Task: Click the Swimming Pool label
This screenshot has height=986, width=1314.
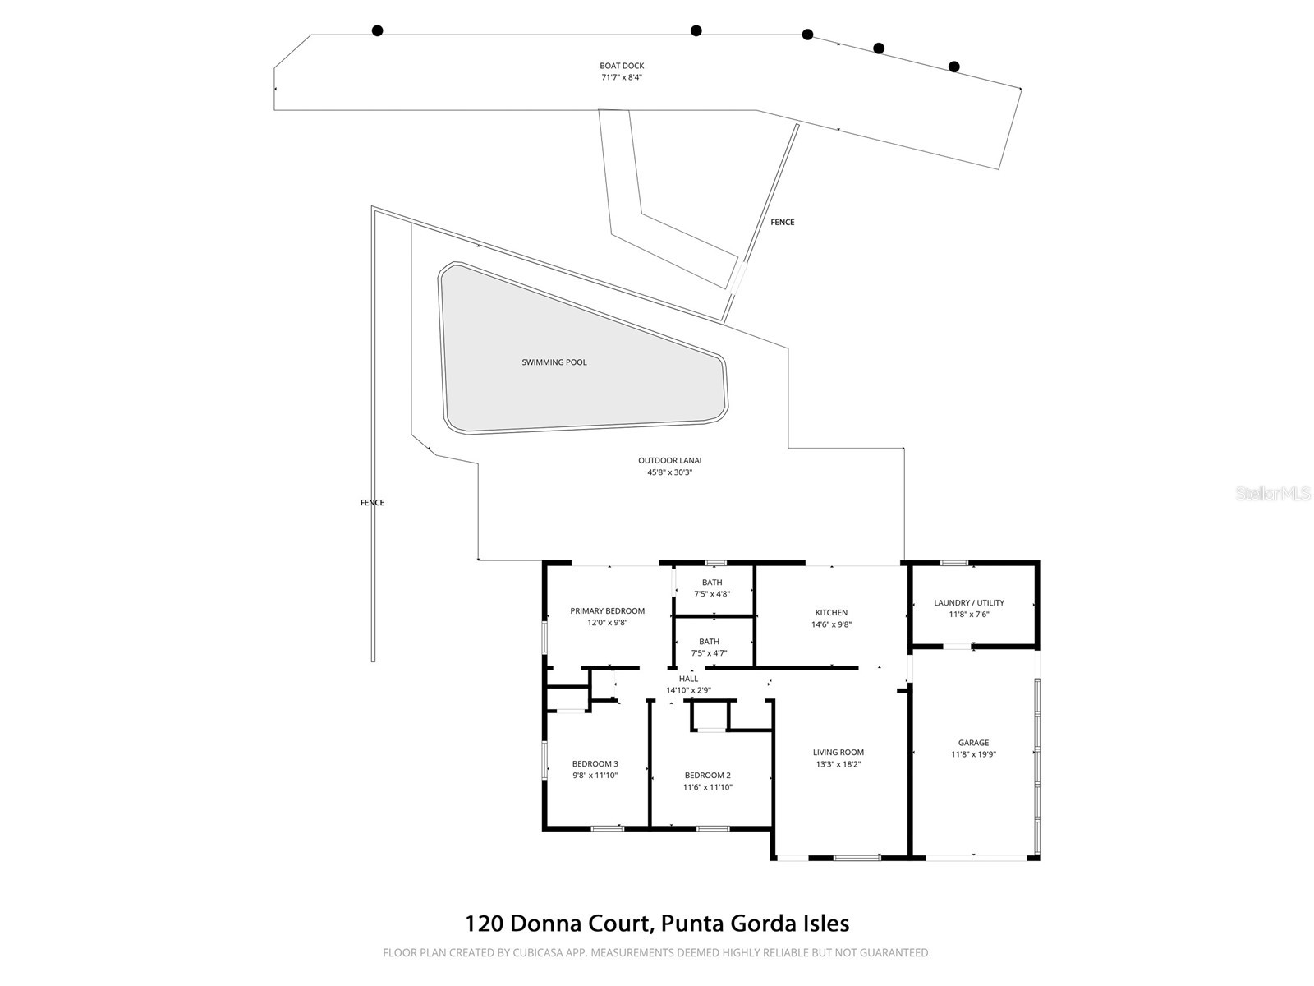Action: [554, 362]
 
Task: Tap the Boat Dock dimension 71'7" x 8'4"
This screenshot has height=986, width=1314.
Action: [622, 78]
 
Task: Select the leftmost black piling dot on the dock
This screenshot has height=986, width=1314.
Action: [377, 31]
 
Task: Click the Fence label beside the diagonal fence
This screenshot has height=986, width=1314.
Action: [782, 223]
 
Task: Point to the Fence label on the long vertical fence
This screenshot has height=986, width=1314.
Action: [372, 503]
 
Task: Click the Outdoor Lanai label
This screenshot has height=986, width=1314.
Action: [669, 461]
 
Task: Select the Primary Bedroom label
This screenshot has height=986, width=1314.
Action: [607, 611]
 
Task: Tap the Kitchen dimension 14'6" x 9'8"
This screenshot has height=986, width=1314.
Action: [831, 624]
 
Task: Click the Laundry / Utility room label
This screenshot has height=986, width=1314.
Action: [969, 603]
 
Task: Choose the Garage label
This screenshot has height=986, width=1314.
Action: [973, 743]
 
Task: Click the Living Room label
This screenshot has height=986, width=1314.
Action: [838, 753]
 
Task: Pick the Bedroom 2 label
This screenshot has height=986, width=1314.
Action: [707, 776]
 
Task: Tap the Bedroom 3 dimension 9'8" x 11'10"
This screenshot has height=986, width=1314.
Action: [595, 776]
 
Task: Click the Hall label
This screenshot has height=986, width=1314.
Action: [688, 679]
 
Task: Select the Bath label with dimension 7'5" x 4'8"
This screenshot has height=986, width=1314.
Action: [712, 583]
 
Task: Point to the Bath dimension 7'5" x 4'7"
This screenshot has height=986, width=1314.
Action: [709, 654]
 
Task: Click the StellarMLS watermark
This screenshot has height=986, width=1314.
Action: [1273, 494]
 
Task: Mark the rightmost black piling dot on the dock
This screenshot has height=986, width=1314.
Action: [953, 67]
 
